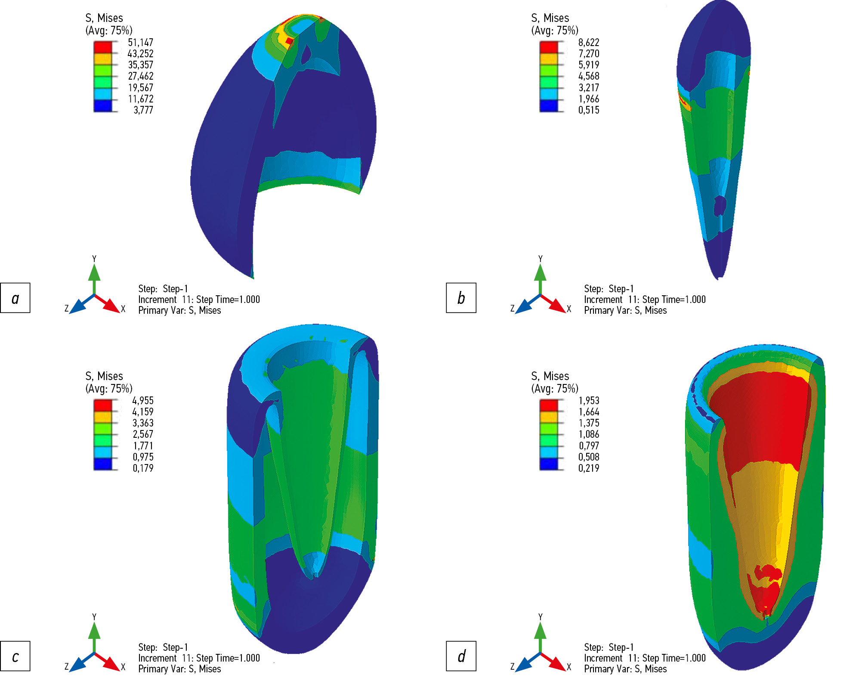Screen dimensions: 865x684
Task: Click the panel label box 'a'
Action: click(x=15, y=298)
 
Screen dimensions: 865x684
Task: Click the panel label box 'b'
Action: click(x=461, y=298)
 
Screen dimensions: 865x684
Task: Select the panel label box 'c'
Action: click(x=15, y=656)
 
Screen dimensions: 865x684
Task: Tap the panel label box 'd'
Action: click(x=461, y=656)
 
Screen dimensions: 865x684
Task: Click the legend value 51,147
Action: click(x=141, y=43)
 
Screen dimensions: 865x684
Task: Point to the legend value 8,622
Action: click(x=589, y=43)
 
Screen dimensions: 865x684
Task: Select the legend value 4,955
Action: click(x=143, y=401)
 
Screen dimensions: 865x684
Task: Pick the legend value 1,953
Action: click(x=589, y=401)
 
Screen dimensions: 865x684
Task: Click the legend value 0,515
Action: click(x=589, y=110)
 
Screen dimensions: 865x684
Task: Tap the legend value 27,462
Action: click(x=141, y=76)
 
